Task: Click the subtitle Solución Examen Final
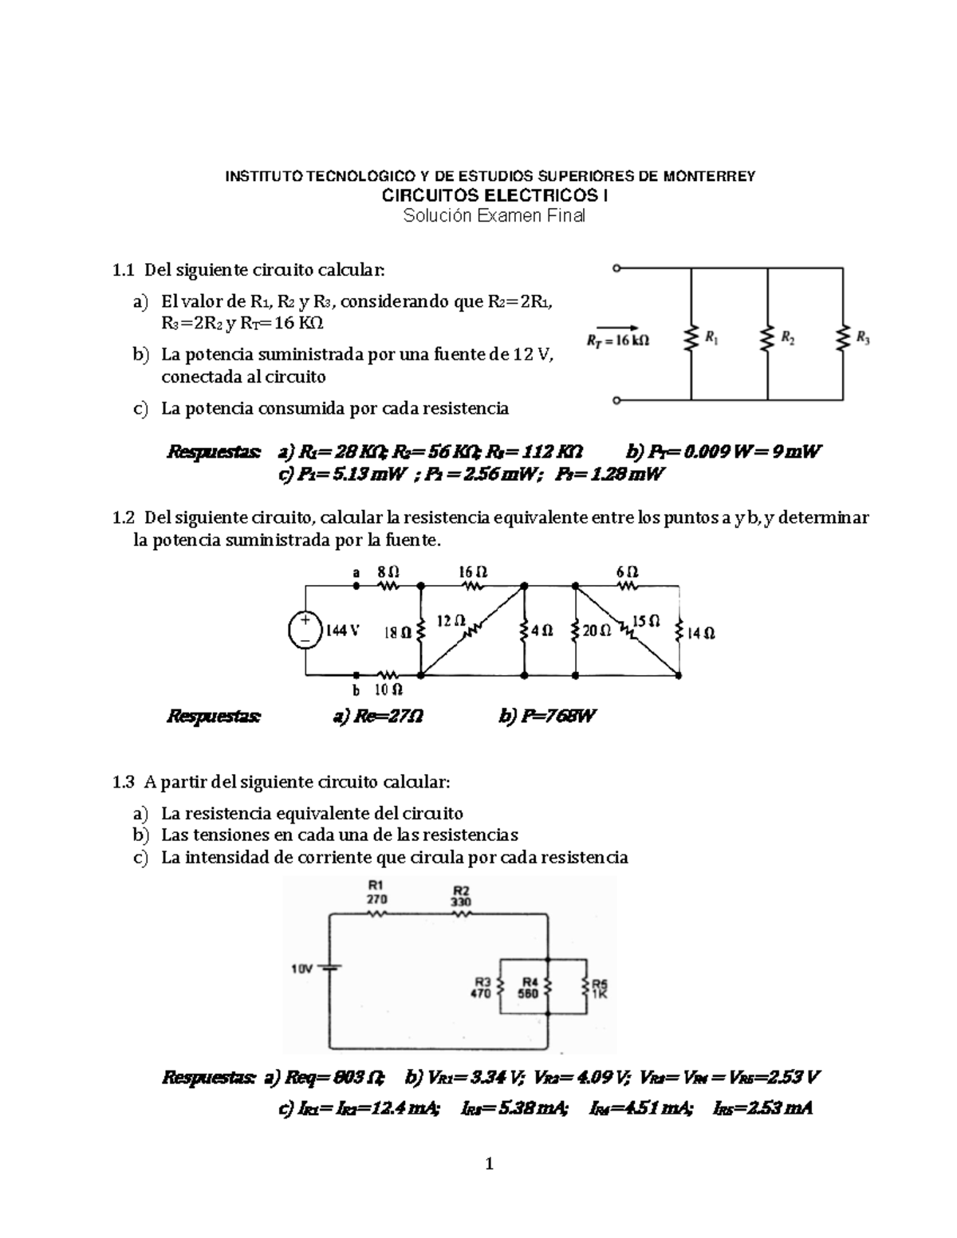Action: [494, 216]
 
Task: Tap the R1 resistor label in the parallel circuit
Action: [711, 338]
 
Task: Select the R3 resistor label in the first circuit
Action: [863, 337]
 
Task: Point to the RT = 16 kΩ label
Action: [618, 341]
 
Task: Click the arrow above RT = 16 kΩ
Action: [617, 326]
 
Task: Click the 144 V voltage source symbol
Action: [305, 629]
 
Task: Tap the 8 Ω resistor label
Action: [388, 572]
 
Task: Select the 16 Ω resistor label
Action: [473, 572]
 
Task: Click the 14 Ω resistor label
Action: [701, 633]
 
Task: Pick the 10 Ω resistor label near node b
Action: [388, 690]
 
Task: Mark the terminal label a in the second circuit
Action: [356, 572]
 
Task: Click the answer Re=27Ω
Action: [377, 716]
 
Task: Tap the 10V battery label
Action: [301, 969]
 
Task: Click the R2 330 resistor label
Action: [461, 896]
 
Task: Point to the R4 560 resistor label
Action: [530, 987]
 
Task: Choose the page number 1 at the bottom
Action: [490, 1165]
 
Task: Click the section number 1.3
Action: [124, 782]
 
